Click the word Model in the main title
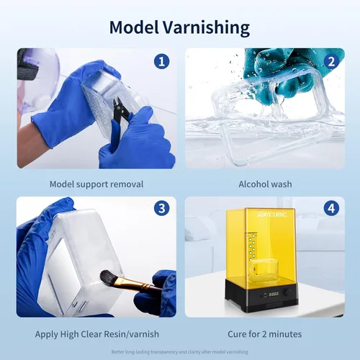pyautogui.click(x=134, y=27)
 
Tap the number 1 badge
pyautogui.click(x=162, y=62)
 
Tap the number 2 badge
pyautogui.click(x=330, y=62)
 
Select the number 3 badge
pyautogui.click(x=162, y=210)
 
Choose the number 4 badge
pyautogui.click(x=330, y=210)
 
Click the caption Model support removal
pyautogui.click(x=96, y=184)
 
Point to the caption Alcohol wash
pyautogui.click(x=265, y=184)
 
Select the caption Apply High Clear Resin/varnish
pyautogui.click(x=96, y=334)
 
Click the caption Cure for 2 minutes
pyautogui.click(x=265, y=334)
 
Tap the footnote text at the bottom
pyautogui.click(x=180, y=352)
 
